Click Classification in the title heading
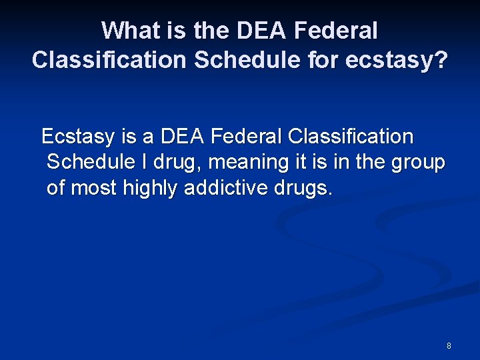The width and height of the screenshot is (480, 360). coord(109,60)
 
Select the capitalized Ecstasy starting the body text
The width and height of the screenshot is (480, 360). coord(79,137)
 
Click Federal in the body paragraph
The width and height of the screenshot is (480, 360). coord(247,137)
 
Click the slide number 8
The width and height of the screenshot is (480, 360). coord(449,346)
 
